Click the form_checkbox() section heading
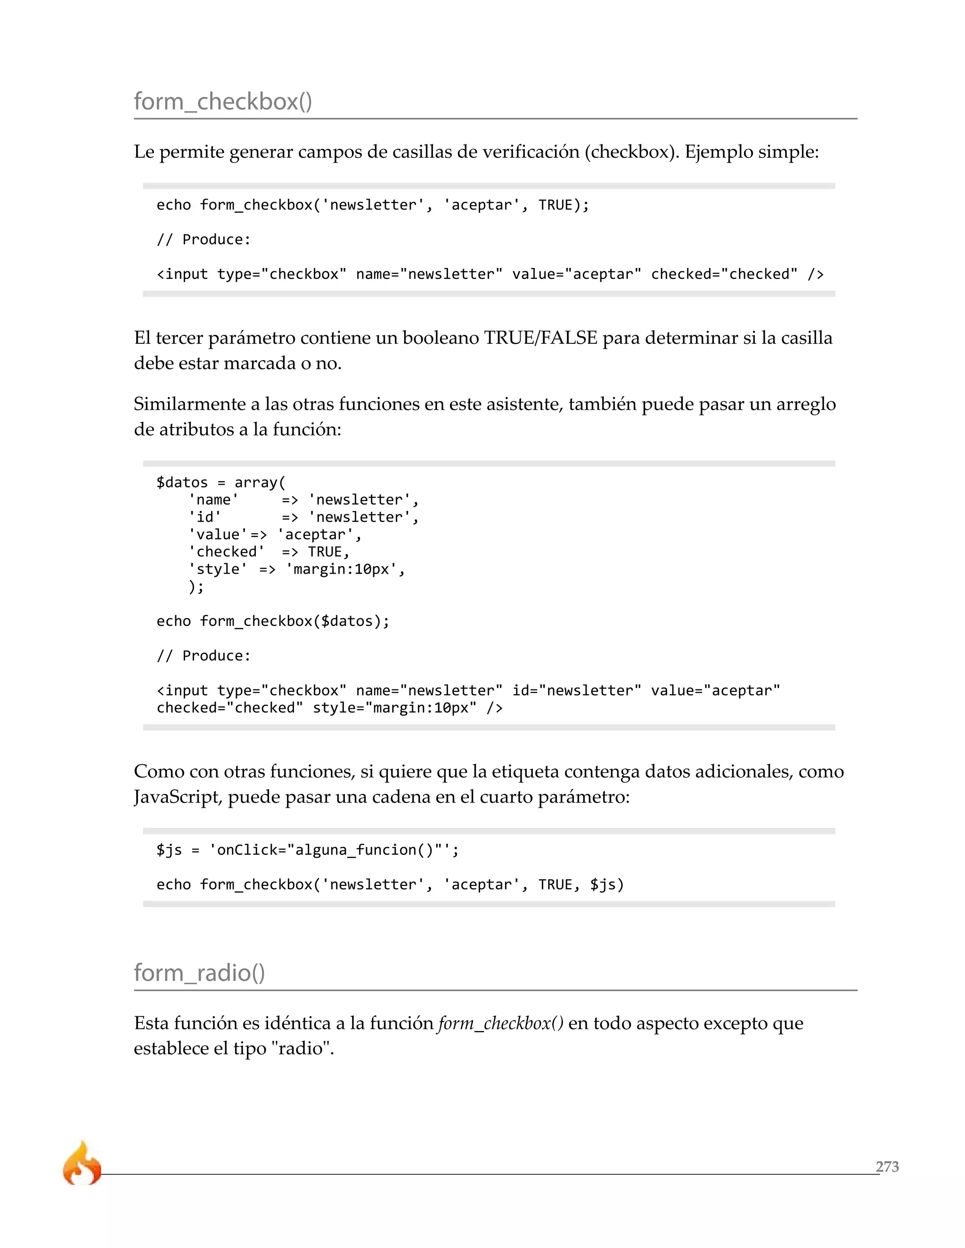(x=223, y=102)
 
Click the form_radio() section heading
(x=199, y=972)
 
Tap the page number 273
(x=887, y=1166)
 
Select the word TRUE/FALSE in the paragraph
(x=540, y=338)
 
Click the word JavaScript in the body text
(x=178, y=796)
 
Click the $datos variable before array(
(x=182, y=482)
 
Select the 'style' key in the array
(x=218, y=569)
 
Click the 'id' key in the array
(x=204, y=517)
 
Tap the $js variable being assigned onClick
(x=169, y=850)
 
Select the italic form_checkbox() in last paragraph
(x=500, y=1023)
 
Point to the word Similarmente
(x=189, y=404)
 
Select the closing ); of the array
(x=196, y=586)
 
